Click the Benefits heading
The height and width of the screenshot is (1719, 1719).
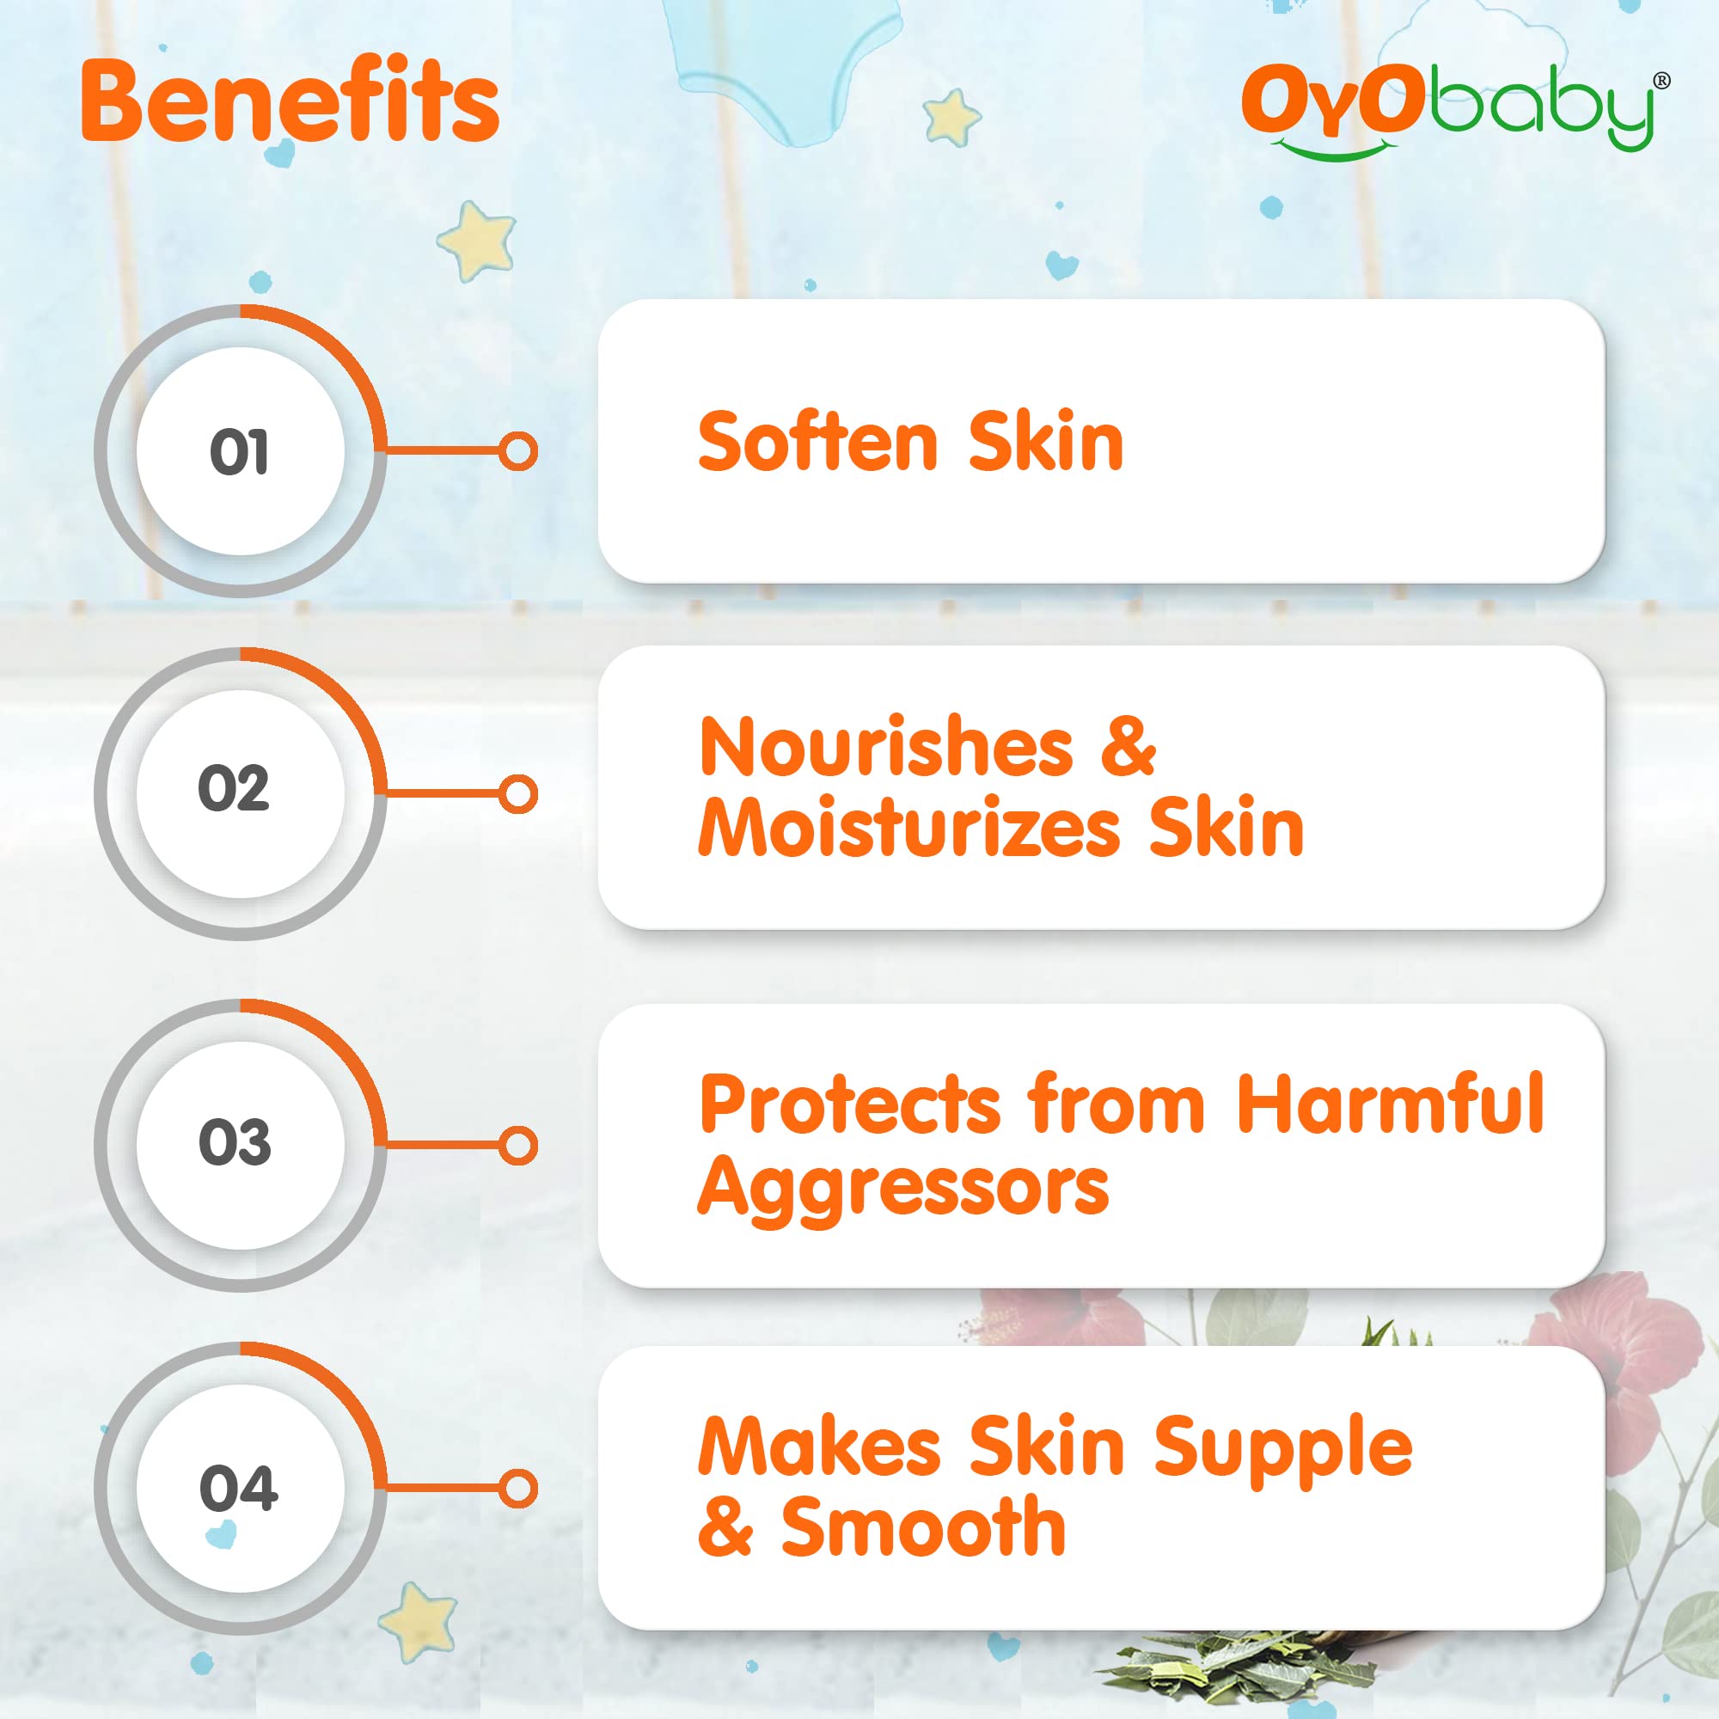click(290, 101)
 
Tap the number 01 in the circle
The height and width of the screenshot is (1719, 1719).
click(238, 452)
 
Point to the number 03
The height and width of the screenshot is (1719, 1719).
click(234, 1141)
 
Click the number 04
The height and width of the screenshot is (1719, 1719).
click(237, 1488)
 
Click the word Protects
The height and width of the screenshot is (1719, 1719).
click(850, 1104)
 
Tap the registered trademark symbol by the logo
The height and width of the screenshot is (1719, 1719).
click(1661, 81)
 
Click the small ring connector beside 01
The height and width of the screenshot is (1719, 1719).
click(517, 451)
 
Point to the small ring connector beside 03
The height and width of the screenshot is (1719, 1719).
click(517, 1145)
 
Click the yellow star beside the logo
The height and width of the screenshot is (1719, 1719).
click(951, 117)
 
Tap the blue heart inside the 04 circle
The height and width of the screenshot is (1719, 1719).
click(221, 1535)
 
